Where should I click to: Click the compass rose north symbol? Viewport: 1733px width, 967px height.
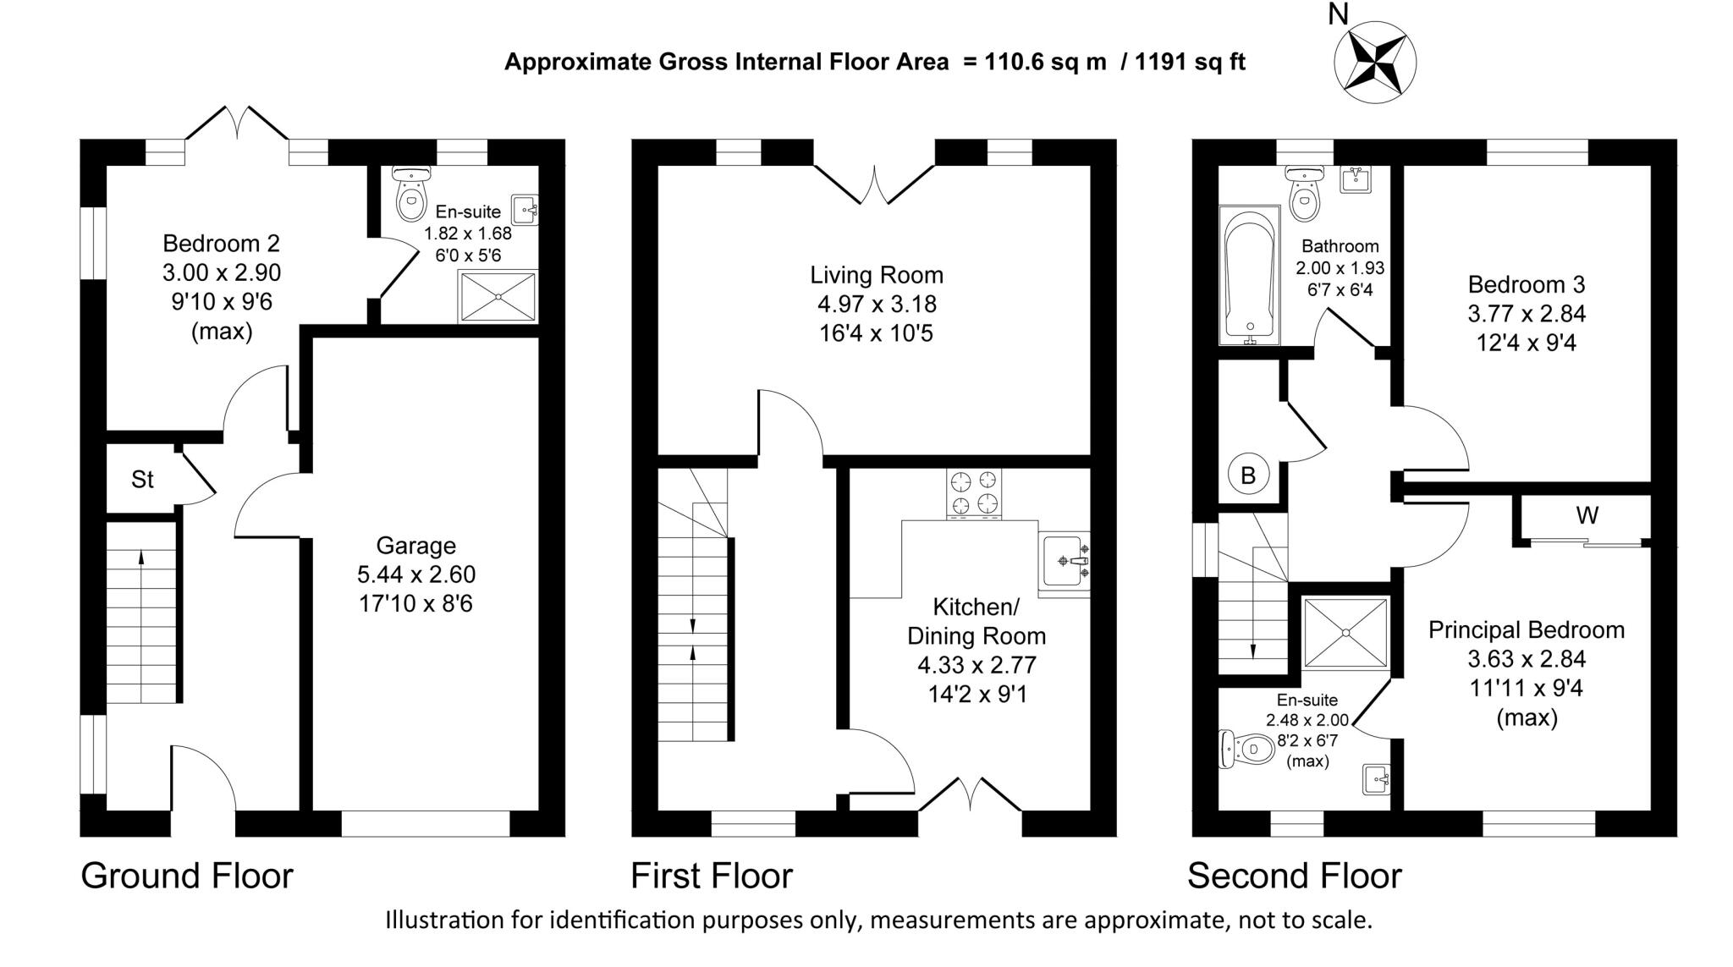[x=1374, y=62]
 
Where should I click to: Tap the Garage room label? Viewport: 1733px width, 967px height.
[x=415, y=546]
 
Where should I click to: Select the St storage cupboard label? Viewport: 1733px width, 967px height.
[x=142, y=480]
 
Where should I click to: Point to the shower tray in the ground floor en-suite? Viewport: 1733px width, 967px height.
[x=498, y=296]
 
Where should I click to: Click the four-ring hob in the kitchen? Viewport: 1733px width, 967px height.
[x=974, y=492]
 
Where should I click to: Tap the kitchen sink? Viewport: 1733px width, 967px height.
[x=1065, y=560]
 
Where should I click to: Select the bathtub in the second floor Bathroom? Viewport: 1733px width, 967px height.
[x=1249, y=275]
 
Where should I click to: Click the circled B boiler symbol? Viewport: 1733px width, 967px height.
[x=1248, y=475]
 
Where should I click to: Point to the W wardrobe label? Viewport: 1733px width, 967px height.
[x=1587, y=515]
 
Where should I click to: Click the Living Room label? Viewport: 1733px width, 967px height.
[x=876, y=275]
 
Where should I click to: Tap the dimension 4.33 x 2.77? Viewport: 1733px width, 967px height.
[x=977, y=666]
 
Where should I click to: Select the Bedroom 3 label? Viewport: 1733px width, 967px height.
[x=1527, y=284]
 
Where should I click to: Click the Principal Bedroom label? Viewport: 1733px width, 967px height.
[x=1527, y=630]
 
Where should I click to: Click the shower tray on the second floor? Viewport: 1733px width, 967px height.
[x=1345, y=633]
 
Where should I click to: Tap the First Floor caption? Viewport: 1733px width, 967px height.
[x=712, y=876]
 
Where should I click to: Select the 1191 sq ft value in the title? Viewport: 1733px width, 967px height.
[x=1190, y=62]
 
